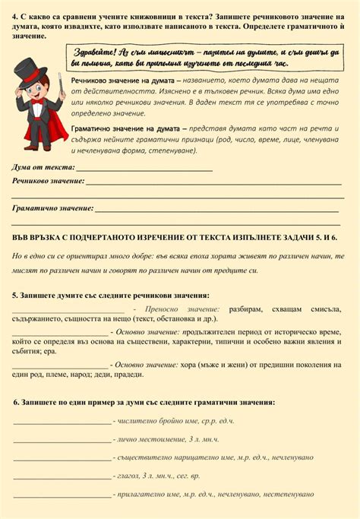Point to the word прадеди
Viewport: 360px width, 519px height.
pos(134,374)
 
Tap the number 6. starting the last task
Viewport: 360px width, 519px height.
pos(17,402)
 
